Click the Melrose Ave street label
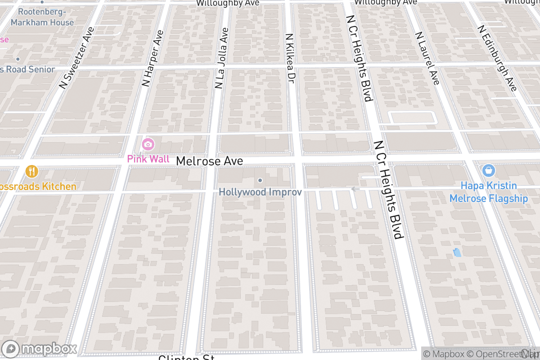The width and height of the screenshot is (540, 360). [x=209, y=161]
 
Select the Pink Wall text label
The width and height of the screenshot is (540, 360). [x=148, y=159]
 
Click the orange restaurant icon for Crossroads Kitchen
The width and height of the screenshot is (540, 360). [x=31, y=171]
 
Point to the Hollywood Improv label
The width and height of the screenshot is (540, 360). [x=260, y=192]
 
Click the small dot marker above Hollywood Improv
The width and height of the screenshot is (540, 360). [x=260, y=180]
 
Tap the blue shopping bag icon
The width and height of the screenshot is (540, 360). [x=488, y=171]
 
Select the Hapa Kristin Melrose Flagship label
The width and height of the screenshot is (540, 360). [x=489, y=192]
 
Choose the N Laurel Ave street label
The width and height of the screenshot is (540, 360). [x=427, y=58]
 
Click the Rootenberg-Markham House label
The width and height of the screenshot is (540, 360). [x=42, y=17]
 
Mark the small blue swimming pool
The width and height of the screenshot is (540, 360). [x=457, y=252]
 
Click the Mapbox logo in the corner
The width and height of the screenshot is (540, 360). [x=40, y=349]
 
